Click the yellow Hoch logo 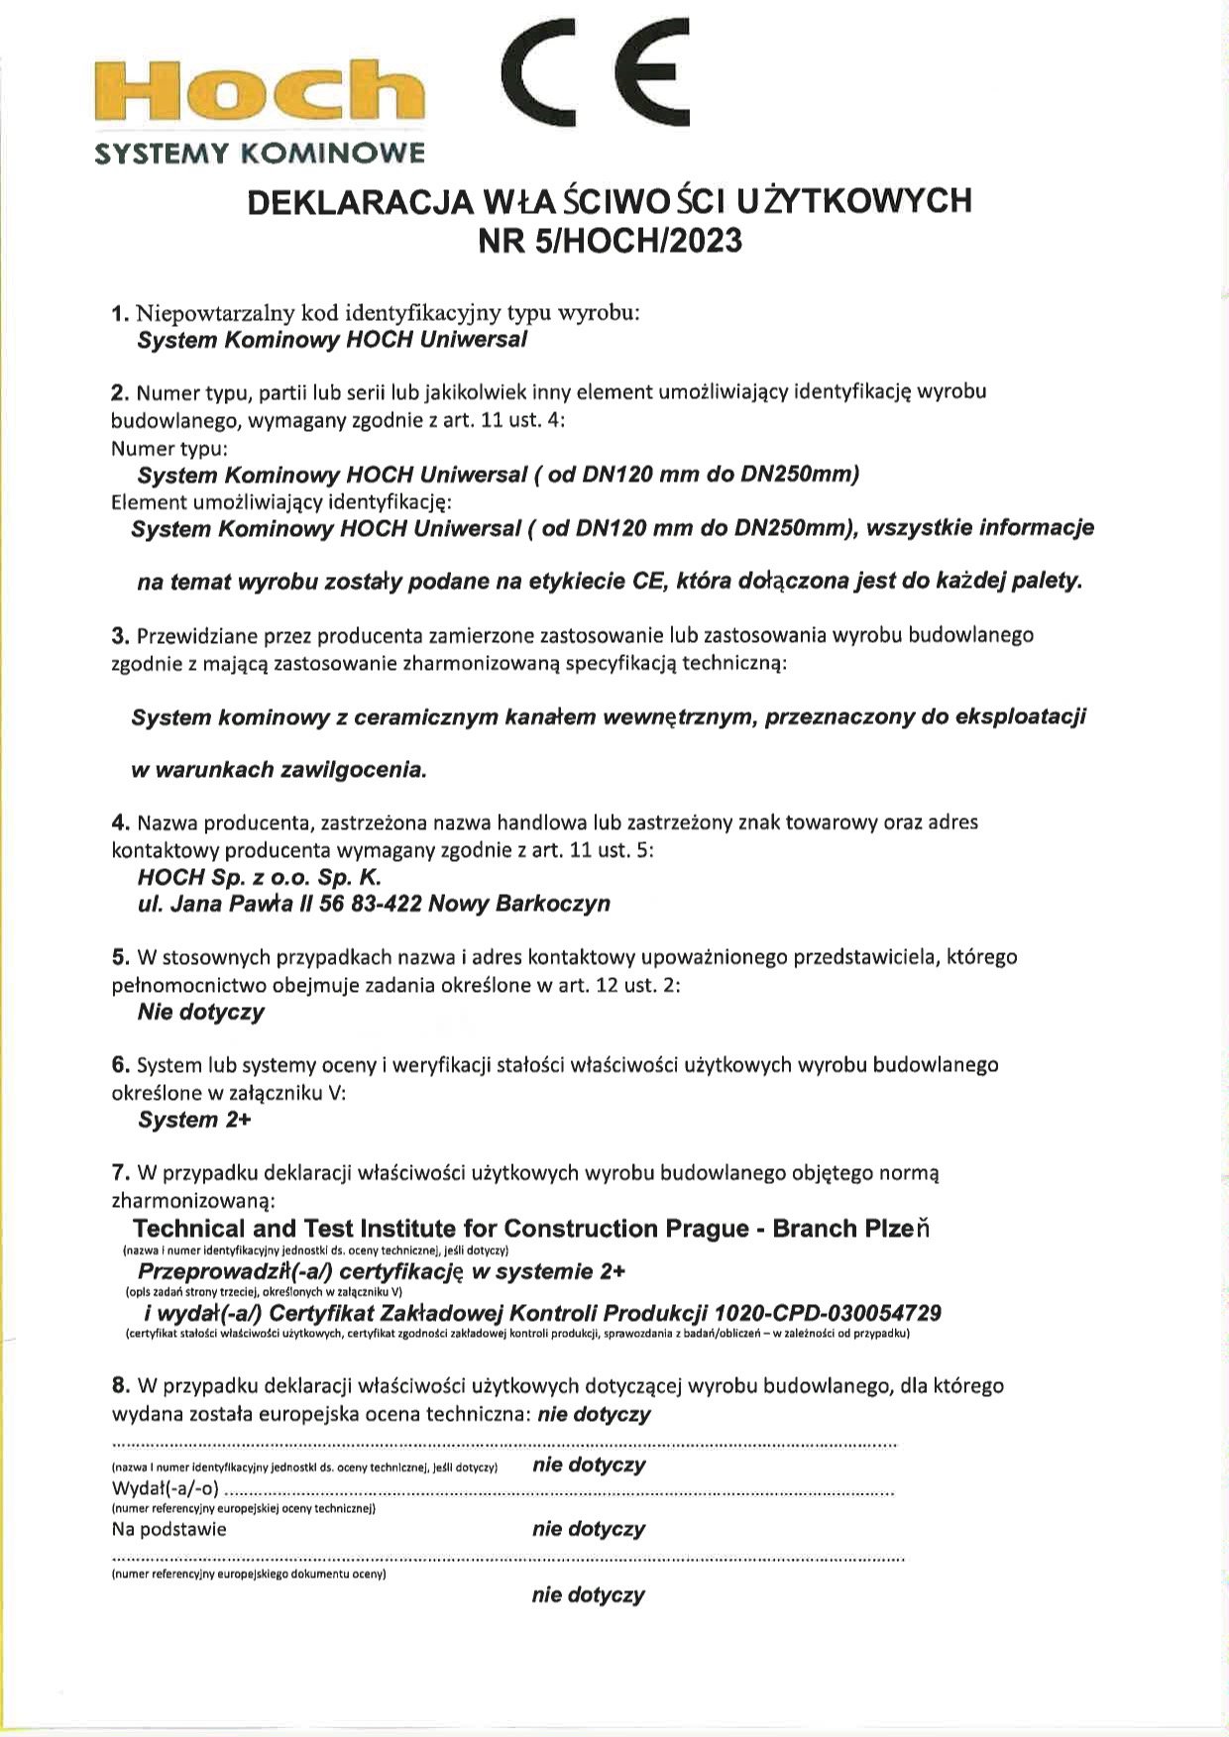click(x=260, y=91)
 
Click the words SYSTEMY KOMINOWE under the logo click(x=260, y=154)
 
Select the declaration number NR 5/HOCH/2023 click(x=610, y=241)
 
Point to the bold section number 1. click(x=120, y=314)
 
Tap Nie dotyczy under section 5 click(x=201, y=1012)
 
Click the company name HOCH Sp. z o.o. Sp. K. click(x=260, y=877)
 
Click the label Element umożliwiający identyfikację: click(x=281, y=501)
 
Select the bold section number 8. click(x=120, y=1385)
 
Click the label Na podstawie click(x=169, y=1529)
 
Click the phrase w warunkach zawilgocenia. click(x=279, y=770)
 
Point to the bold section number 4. click(x=120, y=822)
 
